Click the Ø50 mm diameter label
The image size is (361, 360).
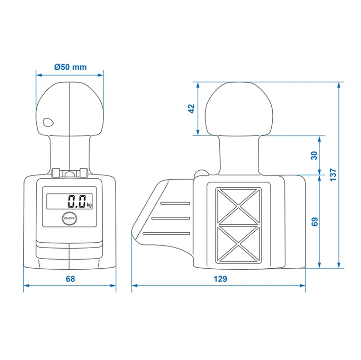(71, 67)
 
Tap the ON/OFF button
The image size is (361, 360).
(69, 218)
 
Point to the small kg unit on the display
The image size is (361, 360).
(89, 205)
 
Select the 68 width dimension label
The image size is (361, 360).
(70, 279)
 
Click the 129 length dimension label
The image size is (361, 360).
(220, 279)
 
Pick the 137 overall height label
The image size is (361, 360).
(333, 175)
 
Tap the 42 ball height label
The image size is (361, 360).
(191, 109)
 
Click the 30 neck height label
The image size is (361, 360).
(314, 156)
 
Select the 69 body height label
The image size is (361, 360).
(314, 221)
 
